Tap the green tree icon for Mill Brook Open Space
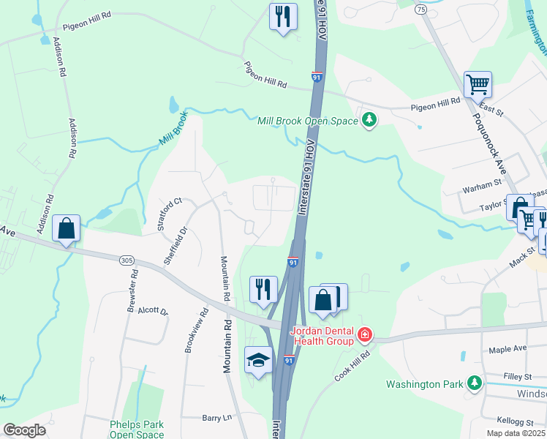tap(369, 119)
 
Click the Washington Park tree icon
tap(475, 383)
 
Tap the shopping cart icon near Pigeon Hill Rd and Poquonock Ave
tap(478, 84)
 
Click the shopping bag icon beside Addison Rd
tap(66, 229)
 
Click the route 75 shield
tap(420, 9)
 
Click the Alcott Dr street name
tap(153, 310)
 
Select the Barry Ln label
tap(216, 418)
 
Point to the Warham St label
tap(481, 190)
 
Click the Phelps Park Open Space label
tap(137, 429)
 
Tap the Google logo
tap(24, 430)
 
